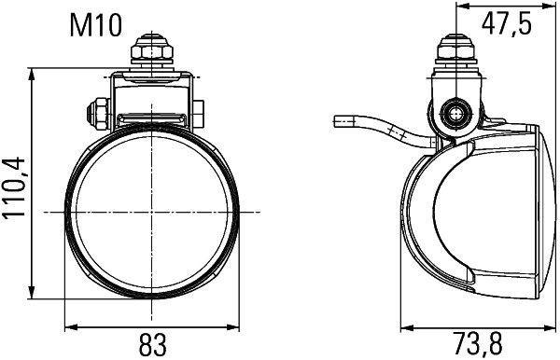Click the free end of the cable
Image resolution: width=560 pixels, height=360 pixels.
point(338,120)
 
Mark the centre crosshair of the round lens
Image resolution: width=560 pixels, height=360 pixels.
point(150,213)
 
